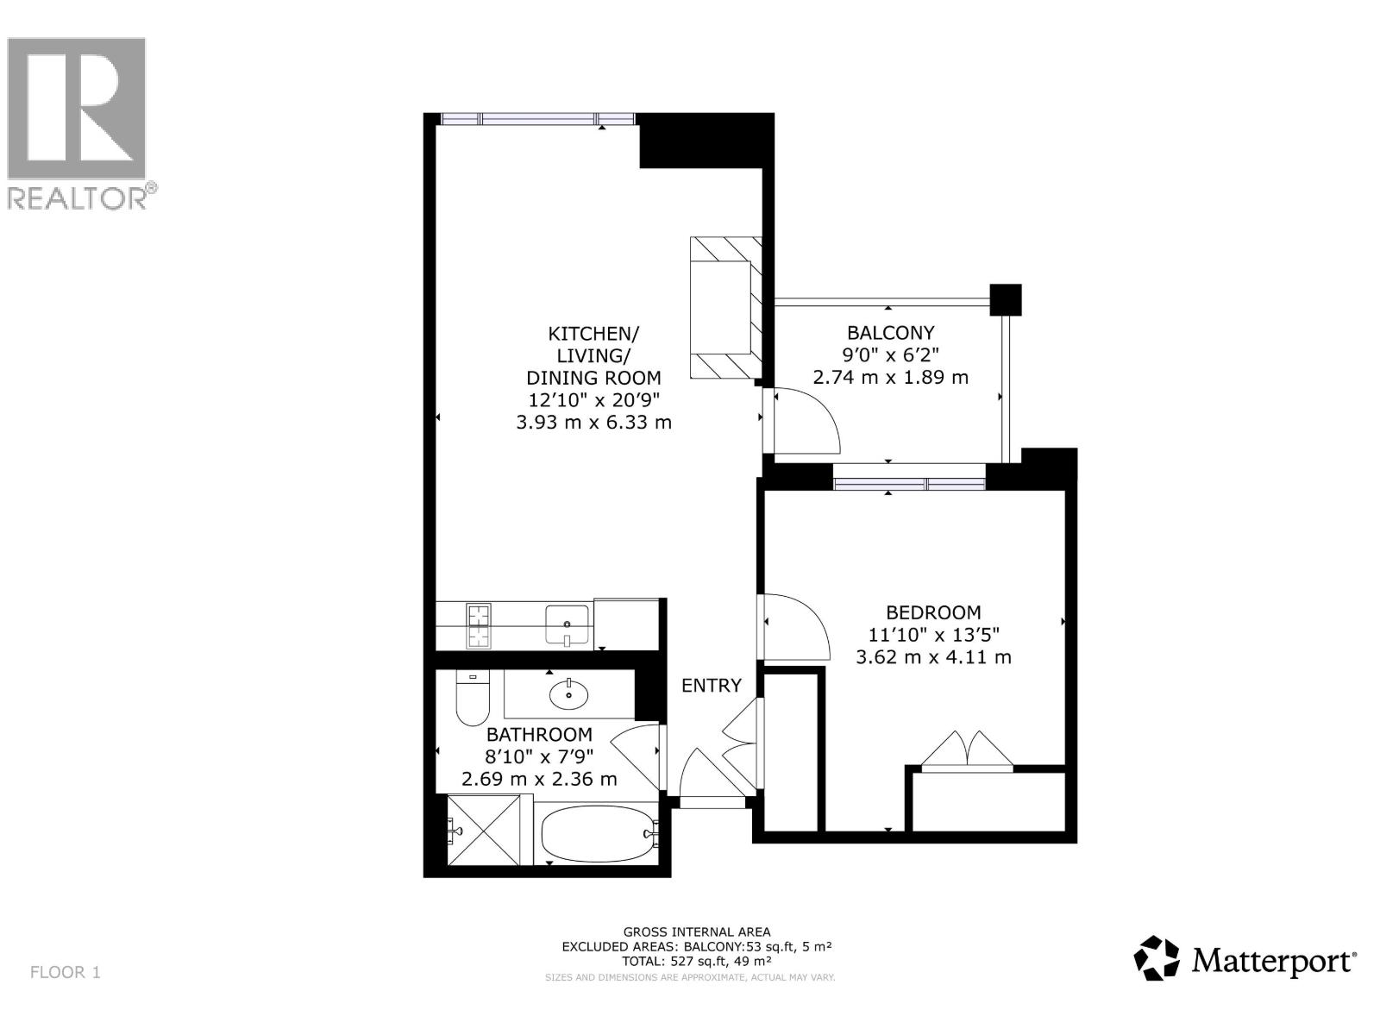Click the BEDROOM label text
pos(933,612)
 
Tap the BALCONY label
pos(890,332)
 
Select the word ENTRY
pos(711,685)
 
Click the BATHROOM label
pos(539,734)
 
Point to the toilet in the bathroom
pos(471,699)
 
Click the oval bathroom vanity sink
pos(568,692)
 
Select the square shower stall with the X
pos(485,831)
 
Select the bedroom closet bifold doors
pos(967,749)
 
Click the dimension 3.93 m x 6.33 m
pos(593,422)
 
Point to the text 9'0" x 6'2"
pos(890,354)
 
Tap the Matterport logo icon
pos(1156,957)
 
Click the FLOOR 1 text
pos(66,972)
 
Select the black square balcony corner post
pos(1005,299)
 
